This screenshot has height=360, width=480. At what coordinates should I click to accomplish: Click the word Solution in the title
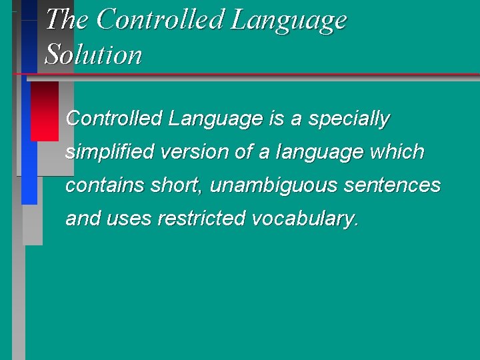pyautogui.click(x=93, y=55)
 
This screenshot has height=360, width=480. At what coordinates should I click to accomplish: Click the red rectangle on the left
pyautogui.click(x=45, y=110)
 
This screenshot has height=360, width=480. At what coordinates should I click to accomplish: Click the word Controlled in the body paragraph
pyautogui.click(x=114, y=119)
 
